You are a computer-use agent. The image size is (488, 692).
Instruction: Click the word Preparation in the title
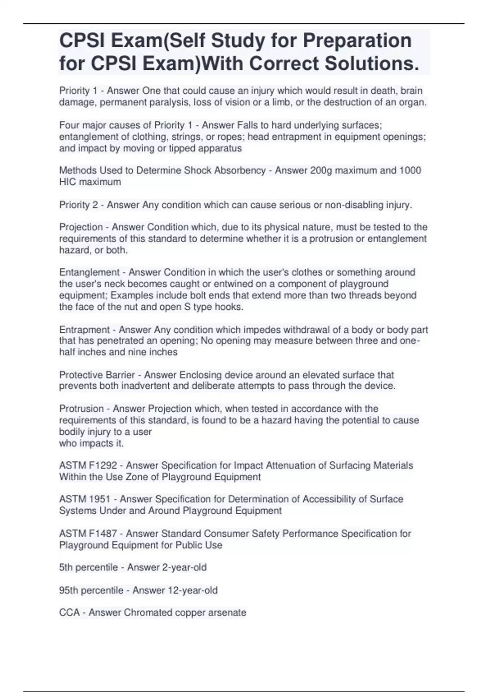[357, 41]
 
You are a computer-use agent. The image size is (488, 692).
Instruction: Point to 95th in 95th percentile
[68, 590]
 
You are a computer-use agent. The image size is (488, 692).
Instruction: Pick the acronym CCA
[69, 612]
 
